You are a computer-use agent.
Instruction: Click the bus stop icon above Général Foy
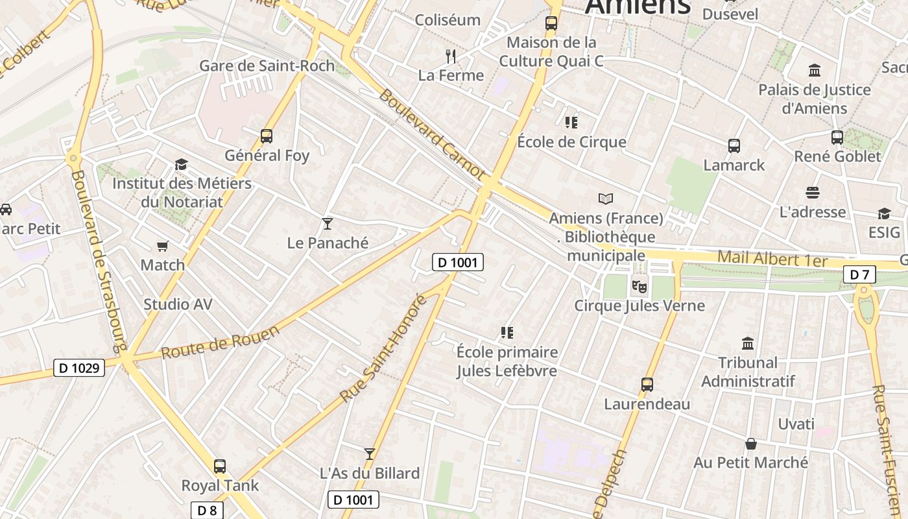coord(266,136)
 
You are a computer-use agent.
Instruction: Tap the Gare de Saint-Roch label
coord(267,66)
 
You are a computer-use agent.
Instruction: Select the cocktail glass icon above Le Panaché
coord(328,224)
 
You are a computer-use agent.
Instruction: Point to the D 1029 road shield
coord(78,368)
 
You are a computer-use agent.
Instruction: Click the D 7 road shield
coord(859,274)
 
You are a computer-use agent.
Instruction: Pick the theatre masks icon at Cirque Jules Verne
coord(639,285)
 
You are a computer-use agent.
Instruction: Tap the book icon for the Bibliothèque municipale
coord(606,199)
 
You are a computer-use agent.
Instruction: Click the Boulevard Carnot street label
coord(431,134)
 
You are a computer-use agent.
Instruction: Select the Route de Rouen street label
coord(221,341)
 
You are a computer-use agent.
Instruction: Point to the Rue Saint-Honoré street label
coord(384,347)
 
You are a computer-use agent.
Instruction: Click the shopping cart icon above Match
coord(163,246)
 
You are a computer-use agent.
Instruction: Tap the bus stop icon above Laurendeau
coord(647,385)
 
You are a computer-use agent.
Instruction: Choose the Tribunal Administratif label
coord(748,372)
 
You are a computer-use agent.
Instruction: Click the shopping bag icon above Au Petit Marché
coord(750,444)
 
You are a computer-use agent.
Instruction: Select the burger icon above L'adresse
coord(813,193)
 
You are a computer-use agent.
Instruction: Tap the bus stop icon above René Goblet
coord(837,138)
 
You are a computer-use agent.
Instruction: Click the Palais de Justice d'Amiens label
coord(815,99)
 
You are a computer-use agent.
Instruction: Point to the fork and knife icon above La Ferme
coord(451,56)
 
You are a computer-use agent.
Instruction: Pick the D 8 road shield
coord(207,511)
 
